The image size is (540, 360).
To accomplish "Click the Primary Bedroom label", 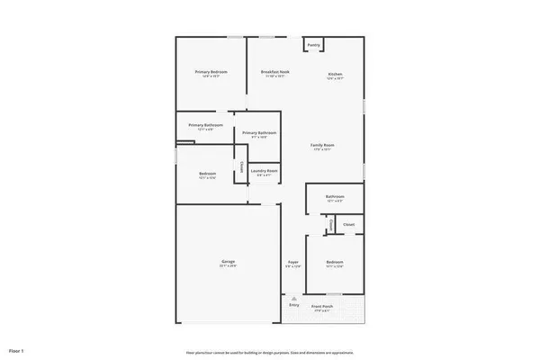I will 211,72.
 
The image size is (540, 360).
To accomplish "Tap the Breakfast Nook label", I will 274,72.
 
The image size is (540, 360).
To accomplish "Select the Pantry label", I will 313,45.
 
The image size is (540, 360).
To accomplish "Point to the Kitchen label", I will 335,74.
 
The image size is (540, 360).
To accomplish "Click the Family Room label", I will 322,145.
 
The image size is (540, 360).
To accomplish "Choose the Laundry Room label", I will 264,170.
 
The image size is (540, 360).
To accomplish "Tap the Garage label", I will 229,262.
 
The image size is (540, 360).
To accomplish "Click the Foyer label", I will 293,262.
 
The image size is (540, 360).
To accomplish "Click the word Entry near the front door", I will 293,305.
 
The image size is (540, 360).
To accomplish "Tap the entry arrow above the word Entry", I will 293,298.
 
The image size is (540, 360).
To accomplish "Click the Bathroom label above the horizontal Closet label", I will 335,196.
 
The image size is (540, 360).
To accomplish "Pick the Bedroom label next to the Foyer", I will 335,262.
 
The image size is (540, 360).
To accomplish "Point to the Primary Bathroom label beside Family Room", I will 259,133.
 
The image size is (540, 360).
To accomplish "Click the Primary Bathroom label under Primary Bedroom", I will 205,125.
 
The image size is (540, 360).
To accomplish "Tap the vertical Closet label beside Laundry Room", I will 241,168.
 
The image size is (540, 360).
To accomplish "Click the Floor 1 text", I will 16,349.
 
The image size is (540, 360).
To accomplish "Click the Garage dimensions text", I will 229,266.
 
